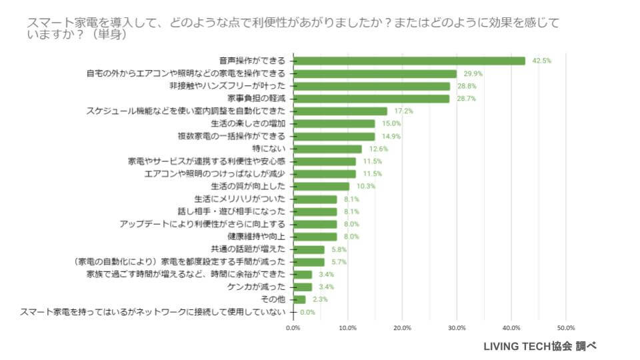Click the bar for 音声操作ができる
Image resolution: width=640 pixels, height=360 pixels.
(409, 61)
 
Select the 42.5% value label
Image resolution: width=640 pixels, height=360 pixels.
(541, 61)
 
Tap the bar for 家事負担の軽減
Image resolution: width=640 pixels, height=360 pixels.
(371, 99)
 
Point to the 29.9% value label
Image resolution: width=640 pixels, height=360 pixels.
(473, 73)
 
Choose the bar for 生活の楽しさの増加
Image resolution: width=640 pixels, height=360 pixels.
(333, 123)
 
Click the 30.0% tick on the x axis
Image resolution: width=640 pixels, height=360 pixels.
(457, 328)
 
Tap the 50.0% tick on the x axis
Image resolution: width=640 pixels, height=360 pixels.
(565, 328)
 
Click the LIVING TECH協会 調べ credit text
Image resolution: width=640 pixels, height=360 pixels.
(539, 346)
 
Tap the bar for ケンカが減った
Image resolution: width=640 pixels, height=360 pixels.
(302, 287)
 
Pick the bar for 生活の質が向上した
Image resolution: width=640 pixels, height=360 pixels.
(321, 187)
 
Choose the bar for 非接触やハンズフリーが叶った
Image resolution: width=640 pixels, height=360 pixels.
(371, 86)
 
